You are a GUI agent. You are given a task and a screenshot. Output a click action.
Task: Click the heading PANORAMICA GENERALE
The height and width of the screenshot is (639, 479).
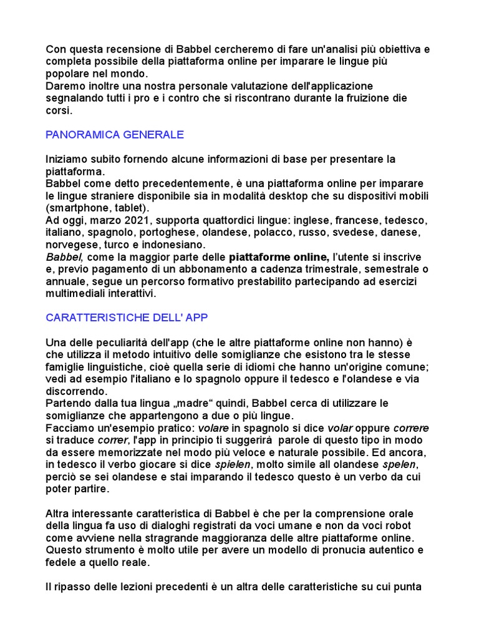pyautogui.click(x=115, y=135)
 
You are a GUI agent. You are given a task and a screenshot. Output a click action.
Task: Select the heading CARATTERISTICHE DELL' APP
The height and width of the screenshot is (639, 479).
pyautogui.click(x=127, y=318)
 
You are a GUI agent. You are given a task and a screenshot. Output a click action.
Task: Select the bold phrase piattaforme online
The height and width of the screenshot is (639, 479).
pyautogui.click(x=278, y=256)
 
